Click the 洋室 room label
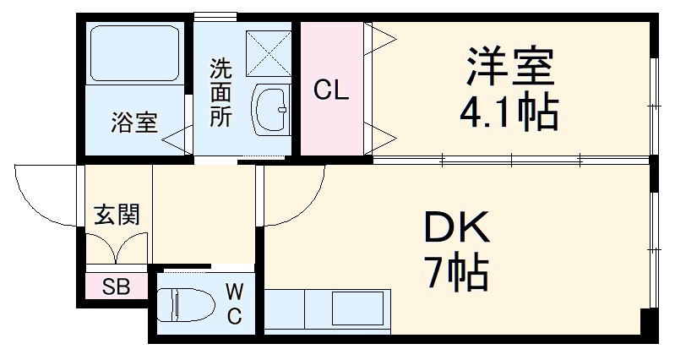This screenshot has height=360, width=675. [509, 67]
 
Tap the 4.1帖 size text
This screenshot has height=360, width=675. [509, 112]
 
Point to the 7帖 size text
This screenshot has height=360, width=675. [456, 271]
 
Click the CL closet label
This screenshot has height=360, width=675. [331, 90]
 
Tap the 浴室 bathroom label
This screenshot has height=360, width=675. [133, 123]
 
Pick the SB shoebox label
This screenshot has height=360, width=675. [116, 285]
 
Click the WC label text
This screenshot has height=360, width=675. [235, 304]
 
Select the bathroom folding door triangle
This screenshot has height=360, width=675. [177, 138]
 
